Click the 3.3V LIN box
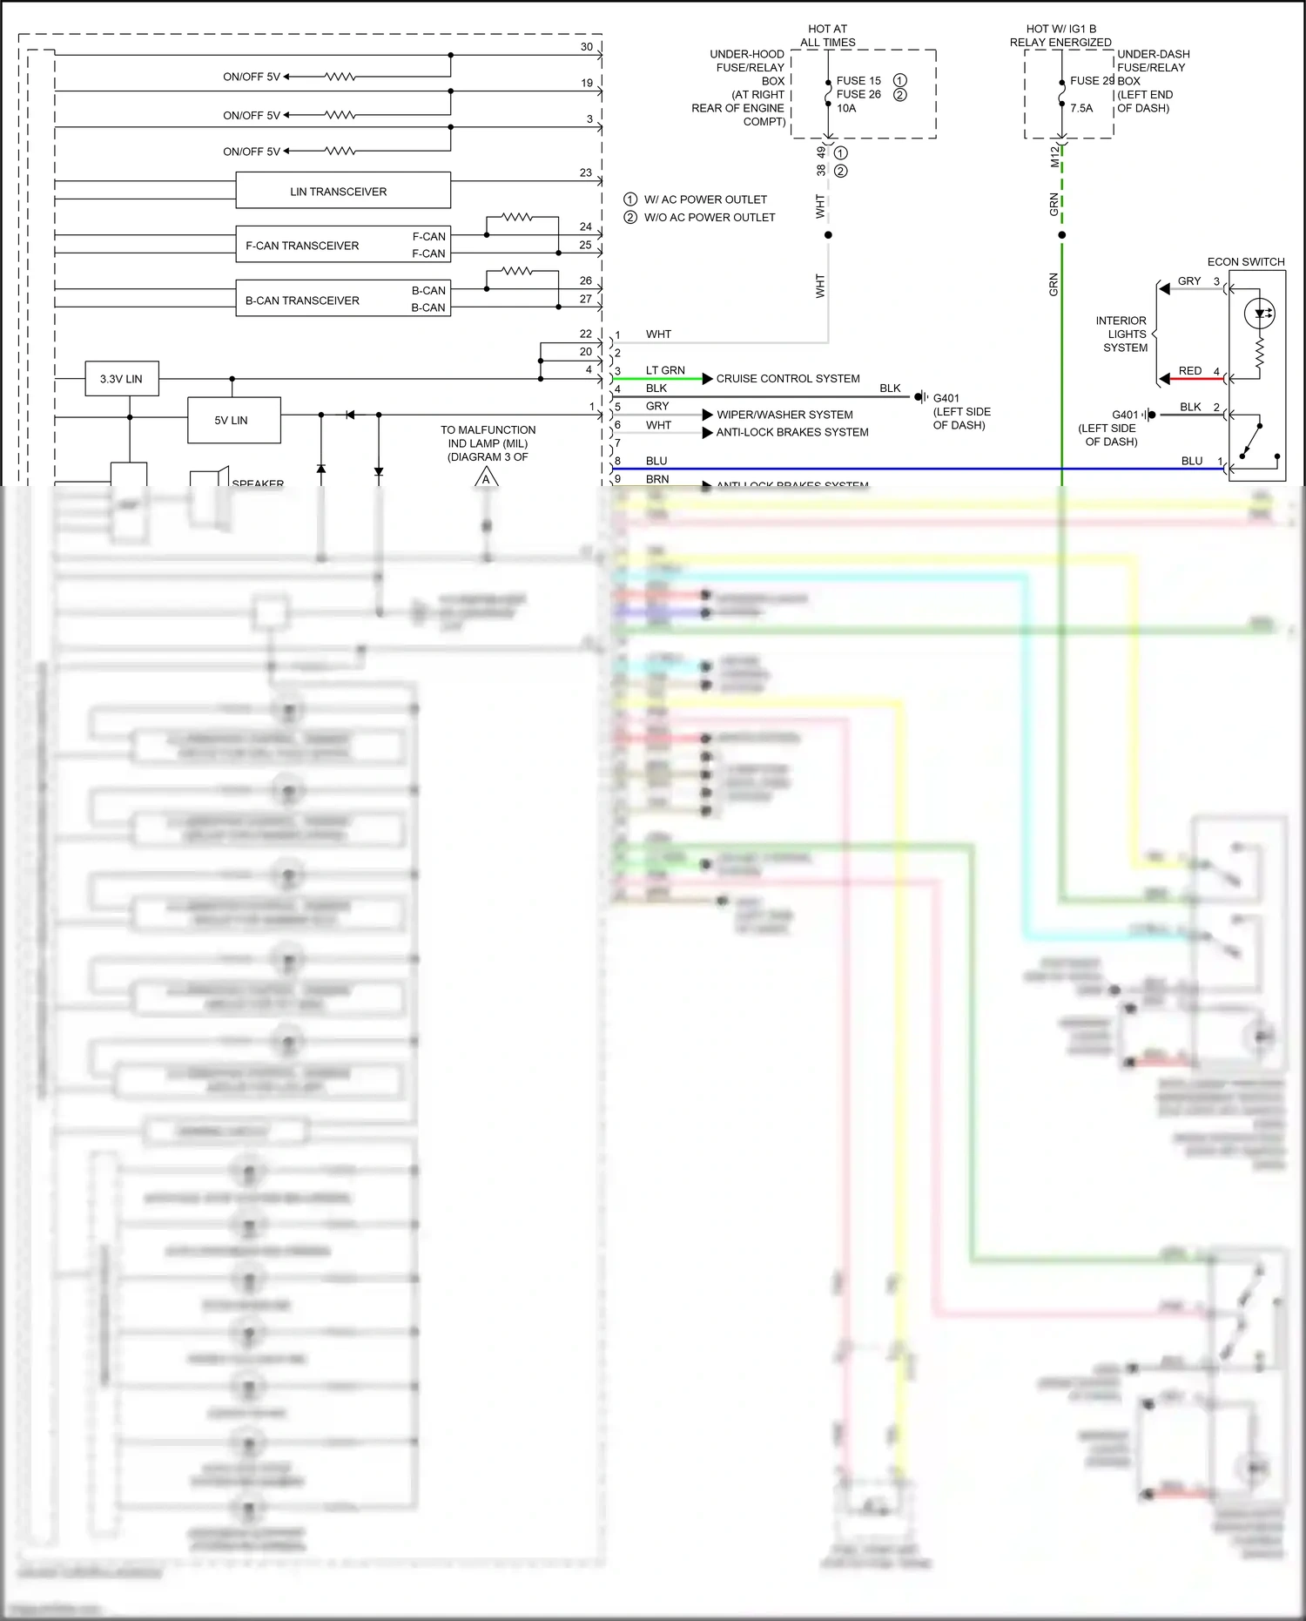(122, 379)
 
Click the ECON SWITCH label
(1245, 261)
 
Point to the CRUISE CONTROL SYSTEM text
(787, 378)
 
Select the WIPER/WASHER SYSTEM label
(784, 415)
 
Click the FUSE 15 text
(858, 80)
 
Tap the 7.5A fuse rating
(1081, 108)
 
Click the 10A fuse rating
(846, 108)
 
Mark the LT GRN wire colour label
(664, 370)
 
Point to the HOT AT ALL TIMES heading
(827, 35)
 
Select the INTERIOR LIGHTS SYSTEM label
(1123, 334)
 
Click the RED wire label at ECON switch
(1189, 370)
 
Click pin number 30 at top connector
(586, 47)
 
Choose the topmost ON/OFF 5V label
(251, 77)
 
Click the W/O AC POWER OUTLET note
(709, 217)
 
